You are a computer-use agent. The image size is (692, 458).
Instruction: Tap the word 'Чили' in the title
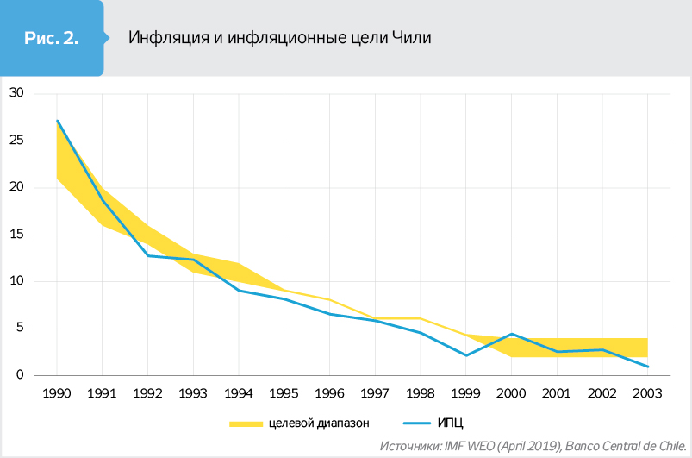[x=411, y=38]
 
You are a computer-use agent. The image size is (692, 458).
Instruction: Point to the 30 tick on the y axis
[x=16, y=93]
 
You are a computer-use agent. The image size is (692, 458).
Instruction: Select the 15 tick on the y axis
[x=16, y=234]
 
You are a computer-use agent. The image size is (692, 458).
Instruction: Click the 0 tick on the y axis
[x=20, y=375]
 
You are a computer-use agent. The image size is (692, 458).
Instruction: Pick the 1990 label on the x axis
[x=57, y=395]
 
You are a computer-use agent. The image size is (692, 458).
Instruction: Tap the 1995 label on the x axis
[x=284, y=395]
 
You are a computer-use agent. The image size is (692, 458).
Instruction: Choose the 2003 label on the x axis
[x=647, y=395]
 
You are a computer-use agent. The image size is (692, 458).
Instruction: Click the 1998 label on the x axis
[x=421, y=395]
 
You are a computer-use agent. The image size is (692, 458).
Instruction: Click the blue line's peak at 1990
[x=57, y=121]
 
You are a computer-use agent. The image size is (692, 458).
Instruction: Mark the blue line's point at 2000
[x=512, y=334]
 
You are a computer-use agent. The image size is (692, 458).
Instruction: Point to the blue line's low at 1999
[x=466, y=355]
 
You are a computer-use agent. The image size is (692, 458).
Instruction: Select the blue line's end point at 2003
[x=647, y=367]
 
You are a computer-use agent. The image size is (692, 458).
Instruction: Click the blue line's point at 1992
[x=148, y=255]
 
